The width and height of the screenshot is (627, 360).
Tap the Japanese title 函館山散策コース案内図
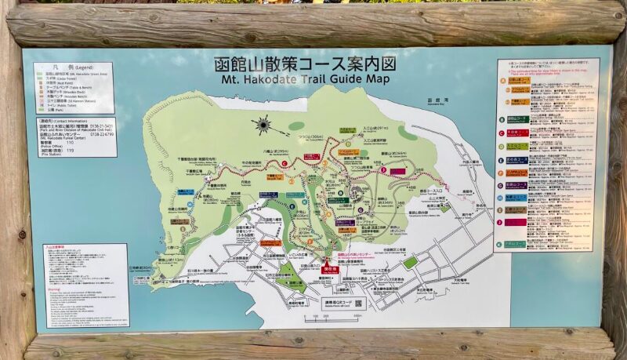[x=302, y=64]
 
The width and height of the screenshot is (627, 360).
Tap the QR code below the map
[x=358, y=303]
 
